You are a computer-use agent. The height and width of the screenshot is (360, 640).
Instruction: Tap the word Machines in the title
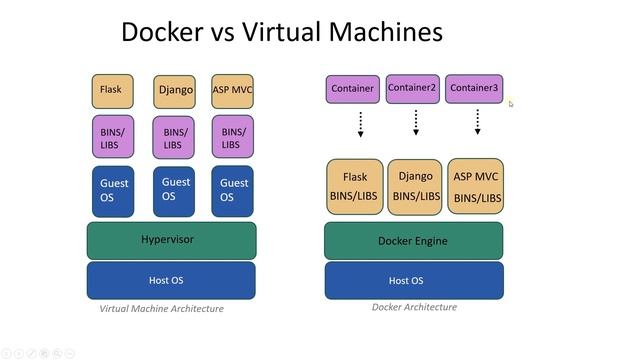[382, 32]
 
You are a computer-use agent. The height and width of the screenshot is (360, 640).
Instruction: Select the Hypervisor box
[171, 240]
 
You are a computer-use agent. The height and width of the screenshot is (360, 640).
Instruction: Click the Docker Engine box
[413, 241]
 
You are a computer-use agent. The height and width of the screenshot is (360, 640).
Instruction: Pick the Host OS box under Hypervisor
[171, 281]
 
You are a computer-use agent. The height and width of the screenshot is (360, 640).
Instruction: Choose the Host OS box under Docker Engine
[413, 281]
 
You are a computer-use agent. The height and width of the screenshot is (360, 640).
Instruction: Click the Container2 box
[413, 89]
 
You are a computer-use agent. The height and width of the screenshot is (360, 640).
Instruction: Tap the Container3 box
[474, 89]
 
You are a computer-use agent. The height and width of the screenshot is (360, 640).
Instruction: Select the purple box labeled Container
[353, 89]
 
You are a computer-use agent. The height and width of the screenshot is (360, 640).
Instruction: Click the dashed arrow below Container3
[478, 122]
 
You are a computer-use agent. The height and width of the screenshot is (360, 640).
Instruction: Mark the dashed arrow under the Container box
[360, 122]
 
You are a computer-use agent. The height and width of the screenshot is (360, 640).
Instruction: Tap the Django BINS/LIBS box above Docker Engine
[415, 187]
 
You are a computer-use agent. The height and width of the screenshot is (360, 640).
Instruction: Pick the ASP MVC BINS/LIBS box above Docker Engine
[476, 187]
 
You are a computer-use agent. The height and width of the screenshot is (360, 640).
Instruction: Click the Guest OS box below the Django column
[174, 190]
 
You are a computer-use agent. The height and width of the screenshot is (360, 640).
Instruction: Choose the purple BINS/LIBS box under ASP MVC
[232, 137]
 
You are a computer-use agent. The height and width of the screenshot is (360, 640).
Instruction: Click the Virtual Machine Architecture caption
[162, 309]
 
